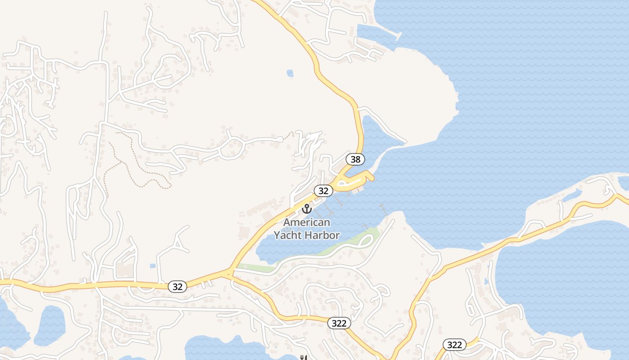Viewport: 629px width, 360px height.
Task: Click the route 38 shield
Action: tap(355, 159)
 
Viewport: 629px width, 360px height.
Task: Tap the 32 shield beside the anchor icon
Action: tap(323, 191)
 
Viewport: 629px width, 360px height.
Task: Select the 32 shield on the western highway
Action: tap(178, 287)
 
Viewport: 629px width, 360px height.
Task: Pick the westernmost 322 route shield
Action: tap(339, 323)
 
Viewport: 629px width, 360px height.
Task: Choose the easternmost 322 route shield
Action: tap(455, 345)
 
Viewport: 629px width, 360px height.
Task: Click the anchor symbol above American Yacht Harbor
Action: tap(306, 209)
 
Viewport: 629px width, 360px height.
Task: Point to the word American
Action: tap(306, 222)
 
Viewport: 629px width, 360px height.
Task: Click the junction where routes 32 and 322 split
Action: tap(230, 273)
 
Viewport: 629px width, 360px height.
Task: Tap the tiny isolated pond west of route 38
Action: tap(290, 73)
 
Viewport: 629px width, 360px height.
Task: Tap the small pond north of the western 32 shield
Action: tap(153, 266)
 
